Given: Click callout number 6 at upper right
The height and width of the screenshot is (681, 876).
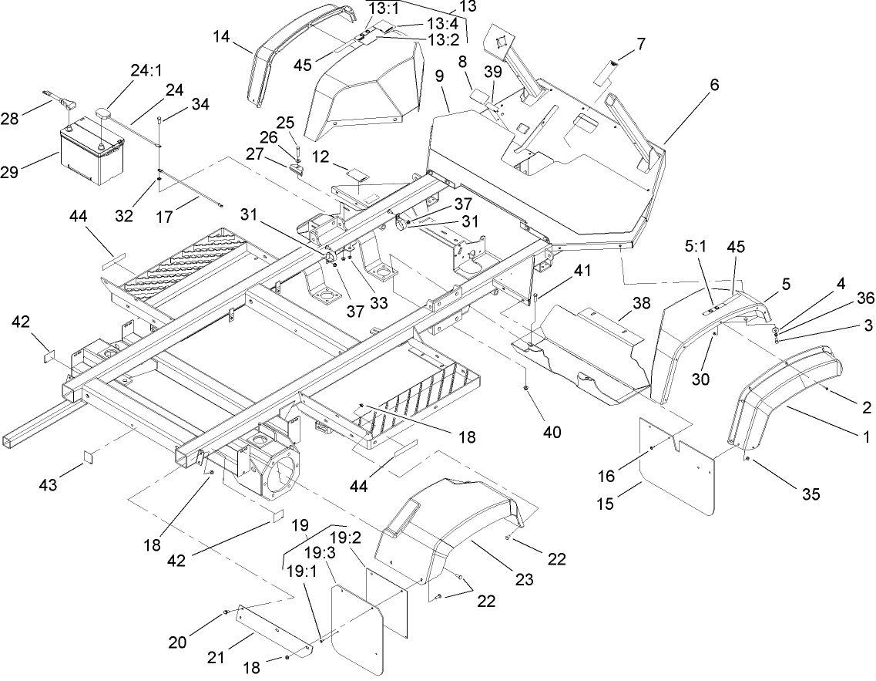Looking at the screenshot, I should click(x=714, y=86).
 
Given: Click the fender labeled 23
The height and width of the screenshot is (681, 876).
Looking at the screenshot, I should click(x=447, y=532).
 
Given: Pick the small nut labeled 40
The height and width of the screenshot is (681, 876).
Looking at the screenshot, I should click(x=525, y=386).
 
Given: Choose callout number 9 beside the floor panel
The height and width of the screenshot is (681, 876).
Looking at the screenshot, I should click(x=439, y=78).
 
